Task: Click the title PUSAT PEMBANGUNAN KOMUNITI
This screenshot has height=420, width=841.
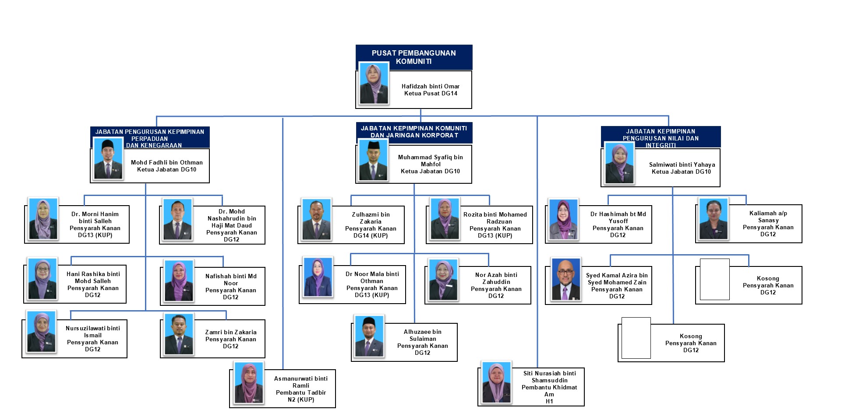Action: coord(413,57)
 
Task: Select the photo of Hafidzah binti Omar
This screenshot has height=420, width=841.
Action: coord(374,84)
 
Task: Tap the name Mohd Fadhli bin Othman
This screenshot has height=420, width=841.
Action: coord(166,162)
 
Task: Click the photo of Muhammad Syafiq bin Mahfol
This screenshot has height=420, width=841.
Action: coord(373,160)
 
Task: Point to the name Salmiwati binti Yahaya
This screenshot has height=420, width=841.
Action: coord(682,164)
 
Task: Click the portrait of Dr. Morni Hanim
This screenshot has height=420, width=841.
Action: coord(43,219)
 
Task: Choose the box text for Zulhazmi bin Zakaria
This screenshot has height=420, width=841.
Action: coord(370,225)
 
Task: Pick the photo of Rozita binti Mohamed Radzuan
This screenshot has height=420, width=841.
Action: coord(445,219)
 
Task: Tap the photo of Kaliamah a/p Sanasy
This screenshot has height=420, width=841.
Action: coord(714,219)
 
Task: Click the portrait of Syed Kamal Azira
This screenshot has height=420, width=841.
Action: coord(566,280)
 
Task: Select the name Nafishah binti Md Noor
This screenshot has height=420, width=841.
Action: coord(231,280)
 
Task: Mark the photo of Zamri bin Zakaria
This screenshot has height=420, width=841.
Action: coord(179,334)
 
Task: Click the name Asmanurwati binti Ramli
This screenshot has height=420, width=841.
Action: coord(300,382)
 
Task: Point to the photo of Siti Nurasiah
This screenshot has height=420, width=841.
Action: coord(496,383)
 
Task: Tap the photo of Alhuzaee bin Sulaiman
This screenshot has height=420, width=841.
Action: coord(369,336)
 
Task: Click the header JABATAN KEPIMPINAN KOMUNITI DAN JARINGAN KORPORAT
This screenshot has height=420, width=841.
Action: coord(413,132)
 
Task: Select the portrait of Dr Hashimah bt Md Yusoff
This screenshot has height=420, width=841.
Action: coord(563,220)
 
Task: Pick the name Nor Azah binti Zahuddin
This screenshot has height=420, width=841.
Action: coord(496,278)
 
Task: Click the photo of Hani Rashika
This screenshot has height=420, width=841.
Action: coord(42,279)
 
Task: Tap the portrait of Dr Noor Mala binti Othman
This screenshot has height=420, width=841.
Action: coord(318,277)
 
